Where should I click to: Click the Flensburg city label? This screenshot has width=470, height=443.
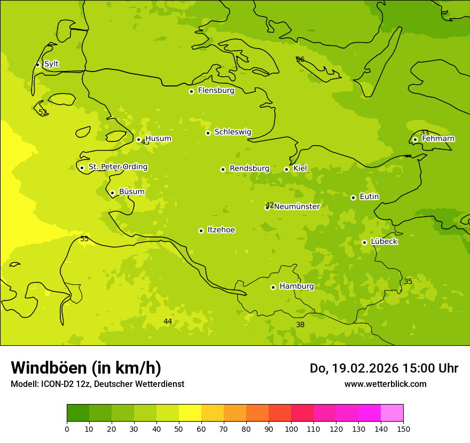pos(216,91)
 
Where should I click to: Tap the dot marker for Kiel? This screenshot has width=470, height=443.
pos(286,169)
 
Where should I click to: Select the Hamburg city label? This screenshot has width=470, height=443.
pos(296,287)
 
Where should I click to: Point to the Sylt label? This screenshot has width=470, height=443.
pos(51,64)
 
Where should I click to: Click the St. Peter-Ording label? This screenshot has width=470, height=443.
pos(117,167)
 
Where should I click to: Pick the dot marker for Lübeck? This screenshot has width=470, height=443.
pos(364,242)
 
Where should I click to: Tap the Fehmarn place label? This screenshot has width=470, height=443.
pos(438,139)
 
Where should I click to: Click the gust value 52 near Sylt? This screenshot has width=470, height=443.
pos(43,113)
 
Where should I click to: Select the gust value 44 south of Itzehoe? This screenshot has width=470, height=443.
pos(168,321)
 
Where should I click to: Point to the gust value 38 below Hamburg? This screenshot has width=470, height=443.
pos(300,325)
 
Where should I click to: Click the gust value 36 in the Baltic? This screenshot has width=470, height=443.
pos(300,59)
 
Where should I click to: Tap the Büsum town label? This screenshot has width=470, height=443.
pos(131,192)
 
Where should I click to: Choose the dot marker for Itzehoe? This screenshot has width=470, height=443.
pos(201,231)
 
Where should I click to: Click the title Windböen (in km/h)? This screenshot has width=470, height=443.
pos(86,368)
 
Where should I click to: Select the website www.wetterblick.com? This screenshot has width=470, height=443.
pos(385,384)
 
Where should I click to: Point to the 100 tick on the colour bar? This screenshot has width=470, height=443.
pos(291,429)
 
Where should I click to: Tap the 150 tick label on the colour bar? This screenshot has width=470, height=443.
pos(403,429)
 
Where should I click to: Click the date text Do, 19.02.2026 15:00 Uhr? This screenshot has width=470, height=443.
pos(383,368)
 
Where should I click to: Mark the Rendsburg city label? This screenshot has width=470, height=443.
pos(249,169)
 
